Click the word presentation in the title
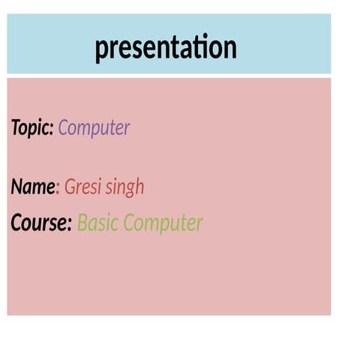(x=166, y=48)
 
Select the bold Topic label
(x=31, y=128)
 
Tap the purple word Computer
(x=94, y=128)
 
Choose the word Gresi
(x=82, y=187)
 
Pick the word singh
(x=124, y=187)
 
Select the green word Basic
(x=98, y=223)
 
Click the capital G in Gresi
(x=70, y=187)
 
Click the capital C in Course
(x=16, y=223)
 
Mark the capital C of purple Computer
(x=63, y=128)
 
